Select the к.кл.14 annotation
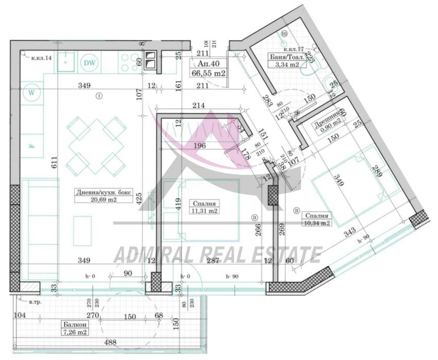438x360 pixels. coord(40,58)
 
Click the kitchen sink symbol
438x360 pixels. coord(65,63)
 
